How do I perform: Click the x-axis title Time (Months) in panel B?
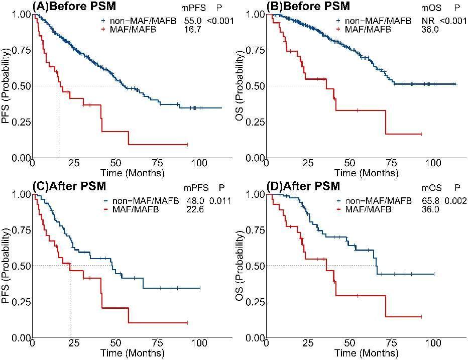pyautogui.click(x=366, y=173)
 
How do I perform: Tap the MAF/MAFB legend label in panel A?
pyautogui.click(x=134, y=29)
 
